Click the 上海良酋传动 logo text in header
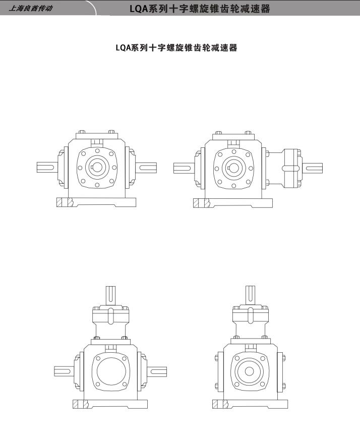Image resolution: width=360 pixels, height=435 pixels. coord(30,8)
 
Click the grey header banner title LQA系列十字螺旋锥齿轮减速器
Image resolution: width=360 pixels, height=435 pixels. coord(200,9)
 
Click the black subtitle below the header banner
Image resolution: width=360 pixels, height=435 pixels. coord(176,48)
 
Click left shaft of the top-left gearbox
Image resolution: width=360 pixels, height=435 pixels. coord(47,167)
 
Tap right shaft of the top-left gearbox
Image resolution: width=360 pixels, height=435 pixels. coord(146,168)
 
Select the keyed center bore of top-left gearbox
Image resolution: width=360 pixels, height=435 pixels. coord(97,167)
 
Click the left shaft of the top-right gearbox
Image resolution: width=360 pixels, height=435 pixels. coord(184,168)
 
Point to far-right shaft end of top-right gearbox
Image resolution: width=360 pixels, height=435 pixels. coord(312,169)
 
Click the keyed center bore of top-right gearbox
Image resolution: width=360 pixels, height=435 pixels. coord(233,168)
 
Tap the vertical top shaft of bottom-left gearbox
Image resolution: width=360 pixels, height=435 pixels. coord(110,296)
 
